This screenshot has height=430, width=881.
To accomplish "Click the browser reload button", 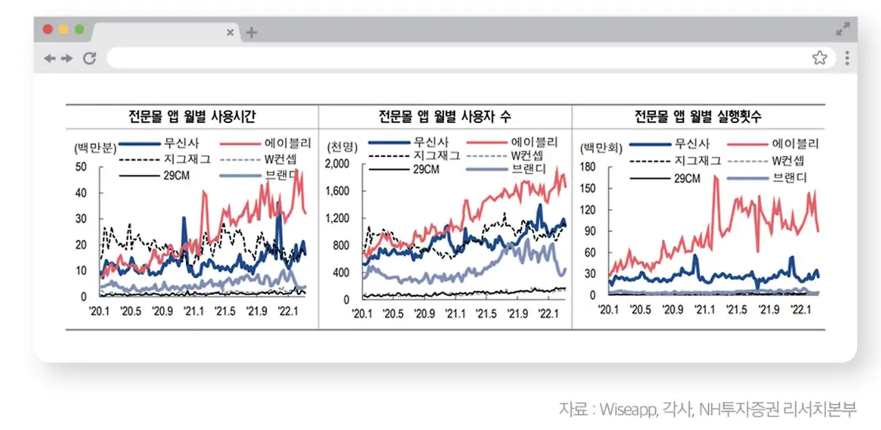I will [89, 58].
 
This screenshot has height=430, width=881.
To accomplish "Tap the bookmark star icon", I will [819, 58].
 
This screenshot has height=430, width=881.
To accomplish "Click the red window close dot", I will [47, 30].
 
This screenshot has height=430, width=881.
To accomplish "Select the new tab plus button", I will [251, 32].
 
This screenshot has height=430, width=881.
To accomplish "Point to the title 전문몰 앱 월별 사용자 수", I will [445, 116].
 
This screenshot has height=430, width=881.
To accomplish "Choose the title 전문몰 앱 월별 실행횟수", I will [698, 116].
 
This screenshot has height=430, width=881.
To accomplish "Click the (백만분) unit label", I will [96, 147].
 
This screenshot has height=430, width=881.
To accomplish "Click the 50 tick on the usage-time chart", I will [81, 167].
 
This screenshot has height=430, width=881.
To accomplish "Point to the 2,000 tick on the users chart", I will [337, 164].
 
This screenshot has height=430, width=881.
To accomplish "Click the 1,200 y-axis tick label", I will [337, 218].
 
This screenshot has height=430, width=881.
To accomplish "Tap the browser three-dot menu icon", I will [847, 58].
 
